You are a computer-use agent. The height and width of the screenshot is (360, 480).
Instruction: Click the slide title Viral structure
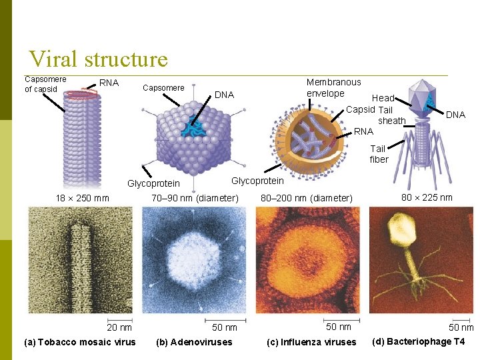tap(98, 59)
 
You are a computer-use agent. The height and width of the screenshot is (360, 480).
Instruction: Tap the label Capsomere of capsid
tap(45, 84)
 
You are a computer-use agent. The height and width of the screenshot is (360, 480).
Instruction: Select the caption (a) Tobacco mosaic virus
tap(79, 343)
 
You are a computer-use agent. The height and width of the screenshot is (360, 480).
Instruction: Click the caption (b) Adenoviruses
tap(194, 343)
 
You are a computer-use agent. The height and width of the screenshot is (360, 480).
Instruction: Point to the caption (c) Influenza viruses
tap(311, 343)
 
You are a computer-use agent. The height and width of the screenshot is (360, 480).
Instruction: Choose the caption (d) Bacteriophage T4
tap(418, 342)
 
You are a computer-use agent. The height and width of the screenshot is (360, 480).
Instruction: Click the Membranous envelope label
tap(333, 88)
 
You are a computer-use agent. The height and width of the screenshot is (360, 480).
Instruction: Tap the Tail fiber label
tap(379, 154)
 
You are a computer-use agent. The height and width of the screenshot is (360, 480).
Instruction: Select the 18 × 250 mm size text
tap(82, 198)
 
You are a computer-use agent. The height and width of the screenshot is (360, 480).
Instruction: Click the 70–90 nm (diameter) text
tap(195, 198)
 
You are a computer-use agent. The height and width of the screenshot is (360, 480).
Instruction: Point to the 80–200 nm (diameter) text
tap(307, 198)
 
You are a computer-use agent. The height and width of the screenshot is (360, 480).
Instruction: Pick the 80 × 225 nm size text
tap(427, 197)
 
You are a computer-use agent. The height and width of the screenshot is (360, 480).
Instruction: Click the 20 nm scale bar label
tap(120, 327)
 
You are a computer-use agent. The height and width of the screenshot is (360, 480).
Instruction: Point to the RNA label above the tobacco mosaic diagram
tap(109, 83)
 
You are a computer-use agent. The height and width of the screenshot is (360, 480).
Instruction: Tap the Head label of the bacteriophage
tap(383, 98)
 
